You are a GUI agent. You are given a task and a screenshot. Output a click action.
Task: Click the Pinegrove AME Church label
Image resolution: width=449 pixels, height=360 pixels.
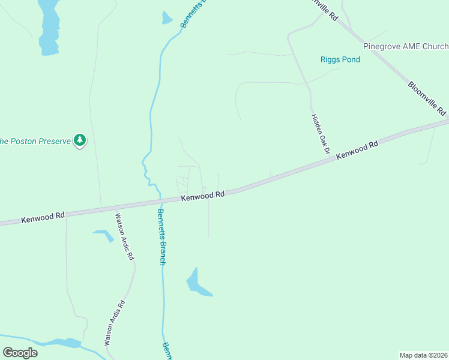405,46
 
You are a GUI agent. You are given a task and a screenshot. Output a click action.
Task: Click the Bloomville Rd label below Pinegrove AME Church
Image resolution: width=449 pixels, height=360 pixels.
427,99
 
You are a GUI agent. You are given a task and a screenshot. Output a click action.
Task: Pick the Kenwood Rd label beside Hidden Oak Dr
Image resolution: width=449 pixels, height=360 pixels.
357,149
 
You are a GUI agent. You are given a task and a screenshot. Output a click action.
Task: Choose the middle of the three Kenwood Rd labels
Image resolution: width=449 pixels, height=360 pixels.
203,196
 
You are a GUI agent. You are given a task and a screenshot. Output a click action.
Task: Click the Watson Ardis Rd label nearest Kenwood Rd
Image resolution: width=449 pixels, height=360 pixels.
124,236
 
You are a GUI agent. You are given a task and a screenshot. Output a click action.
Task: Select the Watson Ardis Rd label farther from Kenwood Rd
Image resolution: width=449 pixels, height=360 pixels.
115,322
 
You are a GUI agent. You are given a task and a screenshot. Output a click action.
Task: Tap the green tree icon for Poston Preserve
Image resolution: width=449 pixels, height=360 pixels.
80,140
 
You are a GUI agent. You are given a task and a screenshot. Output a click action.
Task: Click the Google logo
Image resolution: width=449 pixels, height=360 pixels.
20,353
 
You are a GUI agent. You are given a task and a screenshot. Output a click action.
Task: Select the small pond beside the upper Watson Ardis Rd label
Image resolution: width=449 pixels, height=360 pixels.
104,234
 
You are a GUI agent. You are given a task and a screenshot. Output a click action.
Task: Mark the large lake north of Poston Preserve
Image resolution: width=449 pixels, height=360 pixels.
49,27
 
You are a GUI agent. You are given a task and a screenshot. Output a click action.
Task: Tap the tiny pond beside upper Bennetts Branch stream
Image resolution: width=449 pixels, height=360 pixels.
166,18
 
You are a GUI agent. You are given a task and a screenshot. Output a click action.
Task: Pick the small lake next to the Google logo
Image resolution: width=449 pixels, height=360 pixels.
63,343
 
